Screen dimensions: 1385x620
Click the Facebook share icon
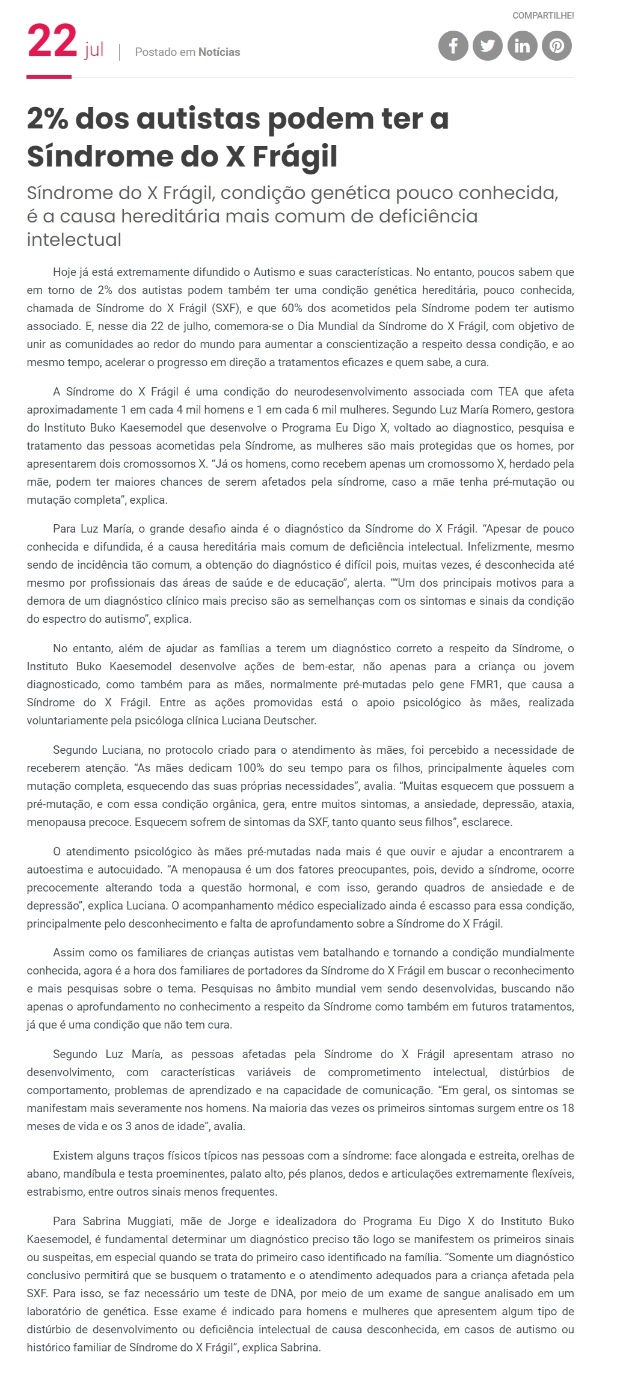tap(453, 46)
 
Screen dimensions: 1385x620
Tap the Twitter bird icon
tap(488, 46)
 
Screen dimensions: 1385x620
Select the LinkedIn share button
tap(522, 46)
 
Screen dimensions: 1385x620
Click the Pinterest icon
tap(557, 46)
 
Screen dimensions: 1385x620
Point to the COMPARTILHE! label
tap(543, 16)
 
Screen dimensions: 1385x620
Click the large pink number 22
tap(52, 42)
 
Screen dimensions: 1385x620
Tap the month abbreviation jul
tap(94, 50)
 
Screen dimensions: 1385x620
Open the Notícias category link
tap(219, 52)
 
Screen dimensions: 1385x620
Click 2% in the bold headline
tap(48, 118)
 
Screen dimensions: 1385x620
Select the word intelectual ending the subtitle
tap(74, 239)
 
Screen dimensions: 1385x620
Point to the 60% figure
tap(292, 308)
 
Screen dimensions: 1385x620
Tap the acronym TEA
tap(508, 392)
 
